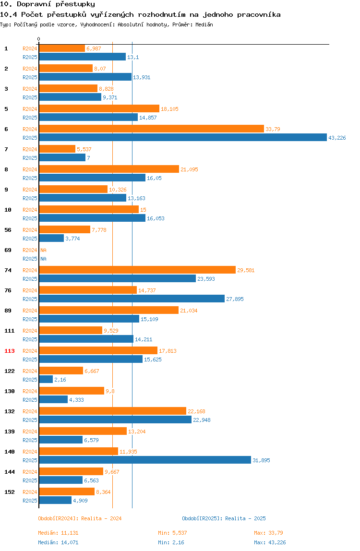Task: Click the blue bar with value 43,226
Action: click(183, 138)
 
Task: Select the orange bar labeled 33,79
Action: click(152, 129)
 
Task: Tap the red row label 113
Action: click(10, 351)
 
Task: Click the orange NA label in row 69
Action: click(43, 250)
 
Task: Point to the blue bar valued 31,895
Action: click(145, 460)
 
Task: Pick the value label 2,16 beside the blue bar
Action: click(60, 380)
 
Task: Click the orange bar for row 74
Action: click(137, 270)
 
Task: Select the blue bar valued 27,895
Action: click(132, 299)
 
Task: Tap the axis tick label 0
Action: click(39, 39)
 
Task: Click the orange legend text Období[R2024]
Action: click(58, 518)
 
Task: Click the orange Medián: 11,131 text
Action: click(59, 533)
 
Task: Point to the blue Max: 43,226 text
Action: click(270, 542)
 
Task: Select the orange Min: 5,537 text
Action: click(172, 533)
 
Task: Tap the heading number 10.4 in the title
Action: click(9, 14)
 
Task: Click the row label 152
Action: click(10, 492)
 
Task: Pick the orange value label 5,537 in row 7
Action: click(84, 149)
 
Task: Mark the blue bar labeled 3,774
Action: click(51, 238)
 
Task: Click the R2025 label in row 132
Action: click(30, 420)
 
